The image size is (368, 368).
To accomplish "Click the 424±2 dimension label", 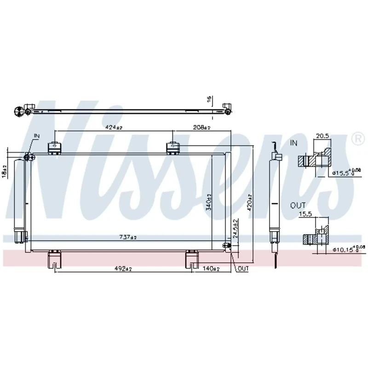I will point(113,127).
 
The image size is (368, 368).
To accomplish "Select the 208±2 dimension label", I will point(201,127).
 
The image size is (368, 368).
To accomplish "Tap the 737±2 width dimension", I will point(128,237).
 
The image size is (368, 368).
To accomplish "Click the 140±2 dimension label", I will point(212,269).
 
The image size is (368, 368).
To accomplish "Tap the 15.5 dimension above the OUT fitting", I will point(305,214).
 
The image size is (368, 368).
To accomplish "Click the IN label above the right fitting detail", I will point(294,144).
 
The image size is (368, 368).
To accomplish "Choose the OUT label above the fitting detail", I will point(297,206).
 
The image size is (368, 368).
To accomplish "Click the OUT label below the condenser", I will point(243,269).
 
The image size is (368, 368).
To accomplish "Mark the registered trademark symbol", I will point(356,138).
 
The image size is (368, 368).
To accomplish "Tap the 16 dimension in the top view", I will point(208,99).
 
